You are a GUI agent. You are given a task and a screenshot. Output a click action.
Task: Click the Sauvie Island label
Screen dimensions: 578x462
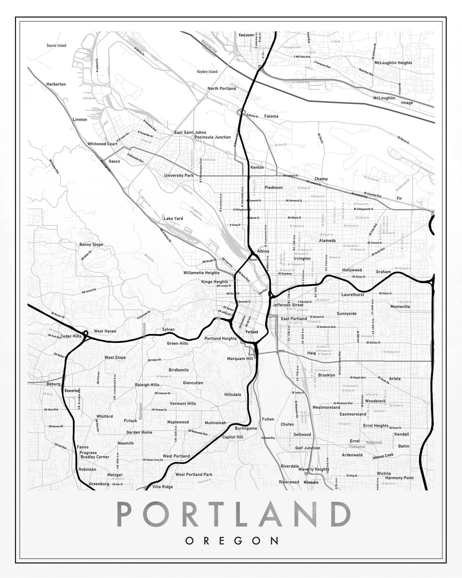pyautogui.click(x=56, y=45)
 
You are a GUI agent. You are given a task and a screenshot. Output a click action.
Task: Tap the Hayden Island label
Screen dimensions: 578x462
pyautogui.click(x=207, y=72)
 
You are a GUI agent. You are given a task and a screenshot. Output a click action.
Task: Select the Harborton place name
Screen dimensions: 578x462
pyautogui.click(x=56, y=84)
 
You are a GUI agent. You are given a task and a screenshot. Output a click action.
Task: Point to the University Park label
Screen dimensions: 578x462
pyautogui.click(x=179, y=175)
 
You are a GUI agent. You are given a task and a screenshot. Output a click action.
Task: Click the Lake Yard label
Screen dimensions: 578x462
pyautogui.click(x=173, y=218)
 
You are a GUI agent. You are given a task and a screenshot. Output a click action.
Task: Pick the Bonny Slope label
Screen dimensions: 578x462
pyautogui.click(x=91, y=245)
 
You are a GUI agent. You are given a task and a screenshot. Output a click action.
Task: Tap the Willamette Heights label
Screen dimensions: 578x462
pyautogui.click(x=201, y=273)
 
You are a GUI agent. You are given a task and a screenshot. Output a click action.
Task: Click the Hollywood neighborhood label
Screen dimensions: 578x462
pyautogui.click(x=352, y=270)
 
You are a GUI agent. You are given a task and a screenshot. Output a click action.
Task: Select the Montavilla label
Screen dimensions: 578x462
pyautogui.click(x=400, y=306)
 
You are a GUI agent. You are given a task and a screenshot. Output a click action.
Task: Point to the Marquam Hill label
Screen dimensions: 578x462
pyautogui.click(x=240, y=359)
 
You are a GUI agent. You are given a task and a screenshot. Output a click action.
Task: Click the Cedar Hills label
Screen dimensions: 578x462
pyautogui.click(x=71, y=336)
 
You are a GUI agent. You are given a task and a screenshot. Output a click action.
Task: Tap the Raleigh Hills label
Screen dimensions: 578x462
pyautogui.click(x=147, y=385)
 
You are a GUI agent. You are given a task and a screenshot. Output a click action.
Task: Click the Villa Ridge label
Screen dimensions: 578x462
pyautogui.click(x=163, y=487)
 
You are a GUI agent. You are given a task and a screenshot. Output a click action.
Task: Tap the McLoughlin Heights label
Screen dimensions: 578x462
pyautogui.click(x=393, y=63)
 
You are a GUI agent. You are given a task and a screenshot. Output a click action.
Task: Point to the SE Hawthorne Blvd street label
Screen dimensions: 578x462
pyautogui.click(x=326, y=327)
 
